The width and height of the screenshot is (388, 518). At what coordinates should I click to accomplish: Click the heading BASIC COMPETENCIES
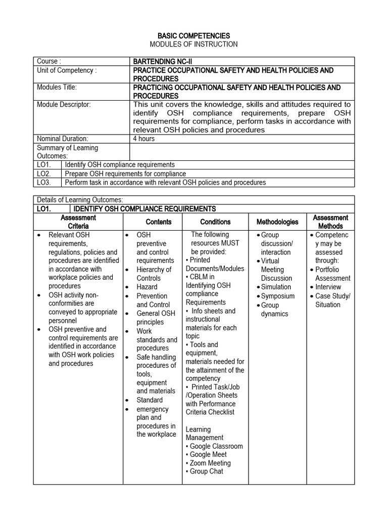click(193, 36)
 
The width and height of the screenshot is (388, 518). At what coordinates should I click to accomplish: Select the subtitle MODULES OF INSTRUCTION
click(193, 45)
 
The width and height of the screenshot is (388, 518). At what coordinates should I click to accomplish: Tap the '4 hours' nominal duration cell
click(143, 138)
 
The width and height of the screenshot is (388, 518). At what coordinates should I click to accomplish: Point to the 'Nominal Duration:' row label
click(63, 138)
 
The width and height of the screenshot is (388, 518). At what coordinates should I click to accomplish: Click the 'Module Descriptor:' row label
click(64, 104)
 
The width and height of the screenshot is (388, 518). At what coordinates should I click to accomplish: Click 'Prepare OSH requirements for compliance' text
click(125, 174)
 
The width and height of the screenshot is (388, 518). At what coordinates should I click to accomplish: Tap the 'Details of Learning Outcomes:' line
click(80, 200)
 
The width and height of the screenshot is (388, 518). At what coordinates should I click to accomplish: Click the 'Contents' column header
click(159, 222)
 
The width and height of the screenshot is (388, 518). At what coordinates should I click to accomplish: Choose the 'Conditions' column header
click(215, 222)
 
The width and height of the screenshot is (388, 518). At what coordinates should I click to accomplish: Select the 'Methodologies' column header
click(277, 222)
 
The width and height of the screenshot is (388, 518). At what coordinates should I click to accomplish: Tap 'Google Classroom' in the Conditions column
click(216, 446)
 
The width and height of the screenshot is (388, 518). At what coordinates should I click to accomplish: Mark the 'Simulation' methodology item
click(276, 287)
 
